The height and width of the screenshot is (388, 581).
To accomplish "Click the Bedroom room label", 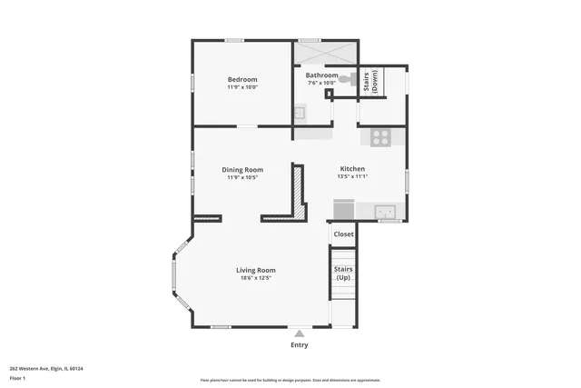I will [x=242, y=80].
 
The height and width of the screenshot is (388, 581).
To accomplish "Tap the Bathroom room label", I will [x=321, y=75].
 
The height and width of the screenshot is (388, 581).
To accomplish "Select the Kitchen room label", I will [x=352, y=169].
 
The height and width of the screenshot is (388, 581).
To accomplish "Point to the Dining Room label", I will [x=242, y=170].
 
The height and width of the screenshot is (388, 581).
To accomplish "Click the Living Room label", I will [x=256, y=270].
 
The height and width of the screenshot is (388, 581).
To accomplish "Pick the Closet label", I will [x=343, y=234].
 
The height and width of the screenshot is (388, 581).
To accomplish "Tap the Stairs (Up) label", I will [x=343, y=273].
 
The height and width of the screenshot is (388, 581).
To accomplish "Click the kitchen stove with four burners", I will [x=380, y=139].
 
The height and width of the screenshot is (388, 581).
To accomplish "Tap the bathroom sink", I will [x=300, y=113].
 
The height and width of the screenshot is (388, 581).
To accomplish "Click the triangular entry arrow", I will [x=299, y=333].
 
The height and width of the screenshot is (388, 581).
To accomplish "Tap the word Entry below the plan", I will [x=299, y=344].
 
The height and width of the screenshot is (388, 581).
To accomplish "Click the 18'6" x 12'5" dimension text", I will [x=256, y=278].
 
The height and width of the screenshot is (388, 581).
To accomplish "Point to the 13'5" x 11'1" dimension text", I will [x=352, y=177].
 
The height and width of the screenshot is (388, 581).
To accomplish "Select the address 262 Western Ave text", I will [x=46, y=368].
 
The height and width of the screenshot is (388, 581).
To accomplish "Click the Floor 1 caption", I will [x=17, y=377].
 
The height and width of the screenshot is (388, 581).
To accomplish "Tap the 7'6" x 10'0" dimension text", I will [x=321, y=84].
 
